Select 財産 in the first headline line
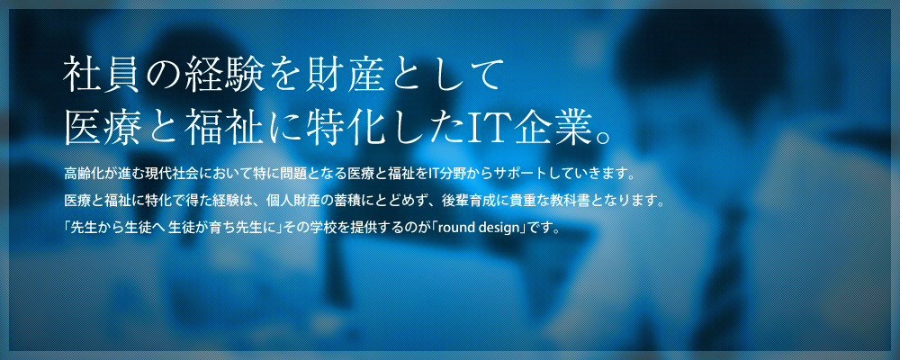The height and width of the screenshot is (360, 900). (345, 75)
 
